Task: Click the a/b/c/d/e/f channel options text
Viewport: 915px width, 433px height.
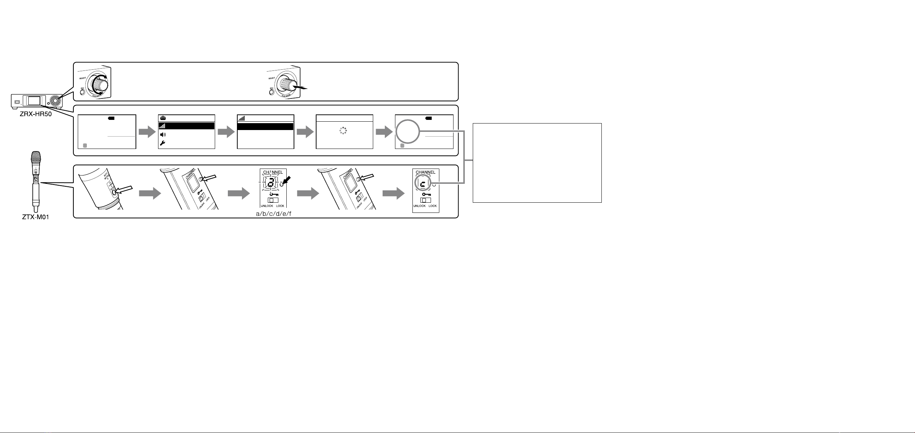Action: tap(274, 214)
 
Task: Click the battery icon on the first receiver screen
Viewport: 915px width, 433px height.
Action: tap(111, 118)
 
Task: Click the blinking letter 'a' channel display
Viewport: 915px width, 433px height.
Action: tap(270, 184)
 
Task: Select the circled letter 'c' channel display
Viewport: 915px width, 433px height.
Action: tap(423, 184)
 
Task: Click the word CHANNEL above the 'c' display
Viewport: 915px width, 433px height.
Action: tap(425, 172)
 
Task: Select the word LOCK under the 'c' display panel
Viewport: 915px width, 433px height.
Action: tap(432, 206)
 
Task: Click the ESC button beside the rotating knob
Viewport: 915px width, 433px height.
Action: tap(83, 92)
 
